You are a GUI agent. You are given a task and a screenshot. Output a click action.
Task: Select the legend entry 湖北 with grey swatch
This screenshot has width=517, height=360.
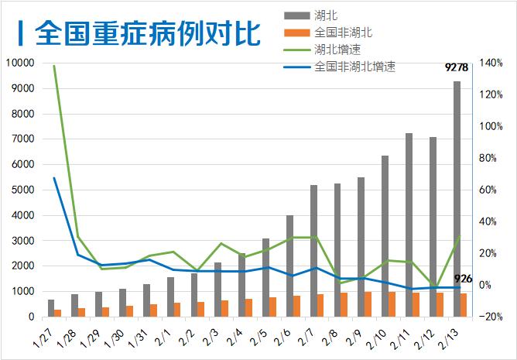pos(326,15)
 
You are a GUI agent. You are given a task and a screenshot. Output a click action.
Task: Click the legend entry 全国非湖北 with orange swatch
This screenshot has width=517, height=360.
pos(344,33)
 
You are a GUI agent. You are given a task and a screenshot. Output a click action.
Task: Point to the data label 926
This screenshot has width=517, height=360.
pos(464,279)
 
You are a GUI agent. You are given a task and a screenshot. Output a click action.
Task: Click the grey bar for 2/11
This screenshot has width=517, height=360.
pos(409,225)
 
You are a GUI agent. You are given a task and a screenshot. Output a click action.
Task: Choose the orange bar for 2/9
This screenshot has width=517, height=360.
pos(368,304)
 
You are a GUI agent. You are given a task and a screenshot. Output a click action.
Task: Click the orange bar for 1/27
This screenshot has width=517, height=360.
pos(58,313)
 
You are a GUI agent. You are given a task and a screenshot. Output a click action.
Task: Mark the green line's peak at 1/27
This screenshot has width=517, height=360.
pos(53,66)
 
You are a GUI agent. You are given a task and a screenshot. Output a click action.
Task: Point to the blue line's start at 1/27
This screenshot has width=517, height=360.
pos(53,178)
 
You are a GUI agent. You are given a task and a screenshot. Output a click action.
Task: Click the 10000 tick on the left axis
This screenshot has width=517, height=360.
pos(20,63)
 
